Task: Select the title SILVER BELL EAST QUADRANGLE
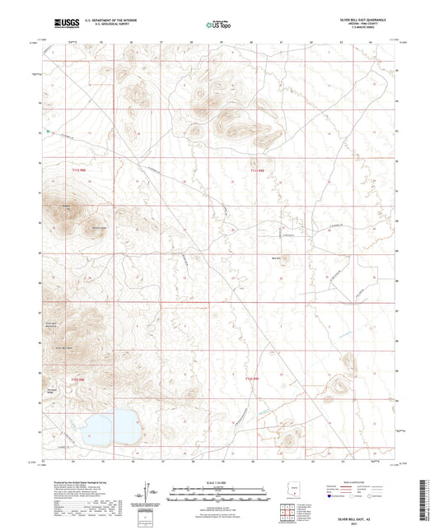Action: tap(357, 19)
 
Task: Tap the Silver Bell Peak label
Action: tap(64, 348)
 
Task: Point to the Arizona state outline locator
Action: tap(290, 490)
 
